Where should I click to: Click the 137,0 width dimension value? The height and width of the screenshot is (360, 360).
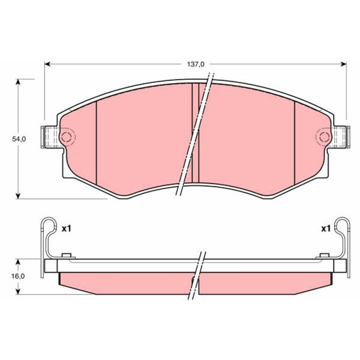(x=196, y=65)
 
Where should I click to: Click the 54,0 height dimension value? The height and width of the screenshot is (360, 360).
(x=19, y=139)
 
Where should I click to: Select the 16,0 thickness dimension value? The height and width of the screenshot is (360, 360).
(x=18, y=276)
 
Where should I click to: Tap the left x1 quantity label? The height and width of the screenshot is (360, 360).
(x=67, y=229)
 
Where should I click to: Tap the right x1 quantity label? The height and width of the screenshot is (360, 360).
(x=326, y=229)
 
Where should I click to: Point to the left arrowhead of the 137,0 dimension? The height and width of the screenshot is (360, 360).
(x=47, y=64)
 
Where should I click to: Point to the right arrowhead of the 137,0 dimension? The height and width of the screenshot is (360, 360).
(x=343, y=64)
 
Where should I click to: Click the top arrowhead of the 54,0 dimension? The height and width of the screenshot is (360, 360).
(x=17, y=82)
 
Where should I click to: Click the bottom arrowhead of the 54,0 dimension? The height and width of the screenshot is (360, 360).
(x=17, y=196)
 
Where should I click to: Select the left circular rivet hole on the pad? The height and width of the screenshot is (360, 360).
(x=67, y=137)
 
